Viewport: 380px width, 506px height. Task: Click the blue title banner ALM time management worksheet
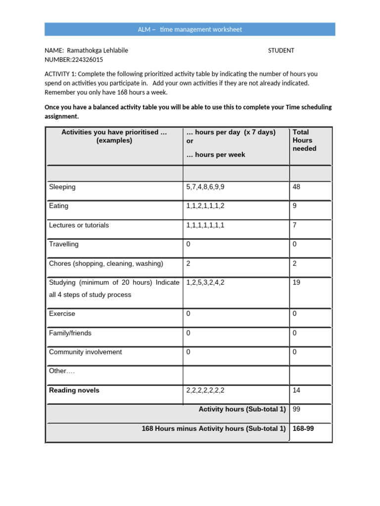click(190, 30)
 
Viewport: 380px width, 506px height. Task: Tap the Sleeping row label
click(62, 187)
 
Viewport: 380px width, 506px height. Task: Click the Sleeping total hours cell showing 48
click(296, 187)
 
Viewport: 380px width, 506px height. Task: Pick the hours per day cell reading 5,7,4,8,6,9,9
click(208, 187)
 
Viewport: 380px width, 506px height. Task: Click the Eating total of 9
click(295, 206)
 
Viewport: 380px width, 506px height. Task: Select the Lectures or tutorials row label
click(79, 225)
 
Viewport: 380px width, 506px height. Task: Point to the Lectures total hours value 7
click(295, 225)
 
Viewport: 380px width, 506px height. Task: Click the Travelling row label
click(63, 244)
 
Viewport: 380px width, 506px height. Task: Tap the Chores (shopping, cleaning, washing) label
click(106, 263)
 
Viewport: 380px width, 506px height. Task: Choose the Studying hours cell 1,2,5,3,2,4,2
click(208, 283)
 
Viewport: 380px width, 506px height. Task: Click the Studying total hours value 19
click(296, 283)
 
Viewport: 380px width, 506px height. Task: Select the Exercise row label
click(62, 314)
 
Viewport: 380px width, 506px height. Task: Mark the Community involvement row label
click(85, 352)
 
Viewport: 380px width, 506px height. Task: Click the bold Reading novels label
click(74, 390)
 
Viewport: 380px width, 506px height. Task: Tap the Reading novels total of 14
click(296, 390)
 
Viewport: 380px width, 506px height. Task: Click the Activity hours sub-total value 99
click(296, 409)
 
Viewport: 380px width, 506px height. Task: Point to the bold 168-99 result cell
click(303, 428)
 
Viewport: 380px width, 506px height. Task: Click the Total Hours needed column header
click(304, 140)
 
